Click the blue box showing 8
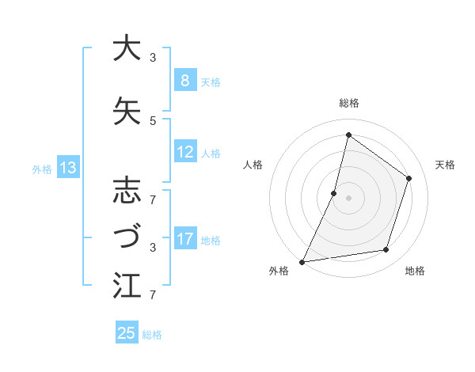tap(184, 82)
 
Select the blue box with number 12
tap(184, 153)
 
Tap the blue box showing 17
tap(184, 240)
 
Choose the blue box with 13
tap(67, 168)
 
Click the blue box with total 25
tap(127, 333)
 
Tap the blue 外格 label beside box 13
tap(42, 169)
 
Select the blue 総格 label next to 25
tap(152, 335)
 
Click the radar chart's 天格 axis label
tap(445, 165)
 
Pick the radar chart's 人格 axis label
tap(253, 165)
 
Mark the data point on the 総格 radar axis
tap(348, 135)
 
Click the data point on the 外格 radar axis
tap(302, 261)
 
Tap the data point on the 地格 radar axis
tap(386, 250)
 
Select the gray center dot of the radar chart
tap(348, 198)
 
